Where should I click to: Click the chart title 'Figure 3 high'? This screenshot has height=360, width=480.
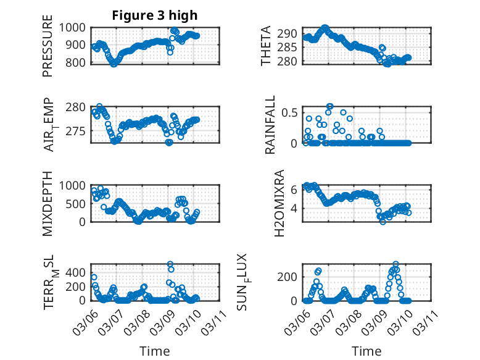coord(155,15)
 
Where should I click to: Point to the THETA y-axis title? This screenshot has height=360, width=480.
coord(266,46)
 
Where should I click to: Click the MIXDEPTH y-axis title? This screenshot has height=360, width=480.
coord(48,203)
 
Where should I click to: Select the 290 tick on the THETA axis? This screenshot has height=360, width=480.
coord(290,33)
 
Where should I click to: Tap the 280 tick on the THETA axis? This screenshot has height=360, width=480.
coord(290,61)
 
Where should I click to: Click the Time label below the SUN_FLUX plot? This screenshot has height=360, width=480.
coord(366,351)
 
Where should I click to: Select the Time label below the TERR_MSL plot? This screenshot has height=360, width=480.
coord(155,351)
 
